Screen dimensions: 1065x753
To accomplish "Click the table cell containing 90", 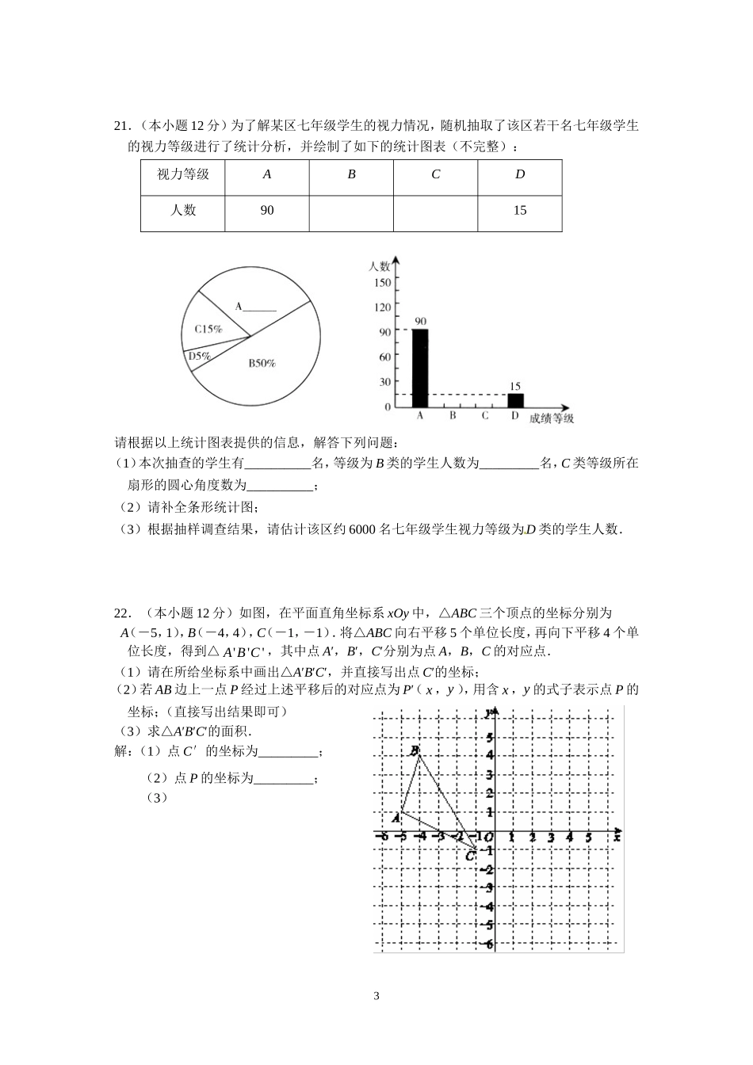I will [267, 211].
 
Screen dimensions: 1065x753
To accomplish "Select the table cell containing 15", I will [520, 211].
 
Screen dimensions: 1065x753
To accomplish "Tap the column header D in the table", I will [520, 174].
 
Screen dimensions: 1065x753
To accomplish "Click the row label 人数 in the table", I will [183, 211].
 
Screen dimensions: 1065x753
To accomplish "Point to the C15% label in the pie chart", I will [208, 329].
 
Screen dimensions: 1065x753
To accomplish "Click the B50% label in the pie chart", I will [262, 364].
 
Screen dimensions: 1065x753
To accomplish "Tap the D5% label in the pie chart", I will [199, 357].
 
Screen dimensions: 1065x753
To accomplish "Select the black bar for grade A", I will [420, 368].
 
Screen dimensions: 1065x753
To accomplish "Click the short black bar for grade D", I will [515, 400].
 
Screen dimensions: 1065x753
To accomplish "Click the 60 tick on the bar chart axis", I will [384, 357].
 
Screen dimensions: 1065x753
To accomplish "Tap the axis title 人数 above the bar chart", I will [380, 266].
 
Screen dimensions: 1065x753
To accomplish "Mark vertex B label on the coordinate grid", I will [414, 751].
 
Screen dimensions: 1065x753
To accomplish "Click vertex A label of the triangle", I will [396, 817].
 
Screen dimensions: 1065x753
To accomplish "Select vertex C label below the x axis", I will [470, 856].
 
